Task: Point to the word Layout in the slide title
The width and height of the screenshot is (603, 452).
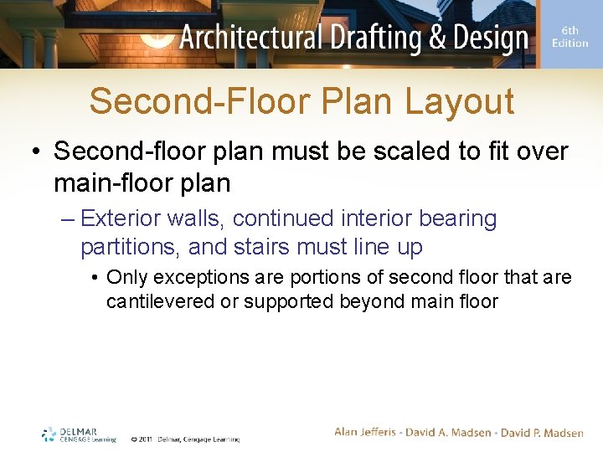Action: tap(459, 101)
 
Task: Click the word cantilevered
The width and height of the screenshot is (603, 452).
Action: tap(160, 301)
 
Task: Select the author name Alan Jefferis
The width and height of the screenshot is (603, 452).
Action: tap(368, 433)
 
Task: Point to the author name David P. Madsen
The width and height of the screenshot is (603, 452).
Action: tap(543, 433)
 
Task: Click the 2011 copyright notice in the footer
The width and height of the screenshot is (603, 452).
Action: tap(184, 439)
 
